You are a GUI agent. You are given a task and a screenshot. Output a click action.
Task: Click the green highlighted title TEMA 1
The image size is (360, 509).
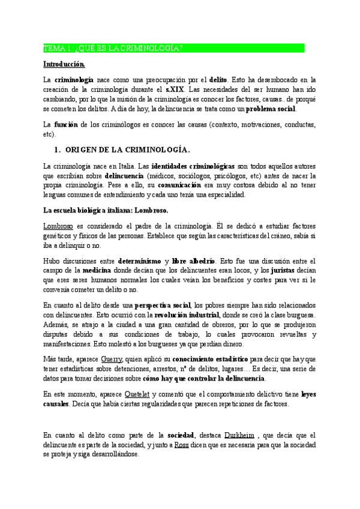(114, 48)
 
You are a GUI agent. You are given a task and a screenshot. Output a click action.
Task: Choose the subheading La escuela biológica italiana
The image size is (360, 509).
(106, 210)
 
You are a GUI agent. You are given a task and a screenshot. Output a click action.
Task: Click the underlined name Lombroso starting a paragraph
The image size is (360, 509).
(58, 226)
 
